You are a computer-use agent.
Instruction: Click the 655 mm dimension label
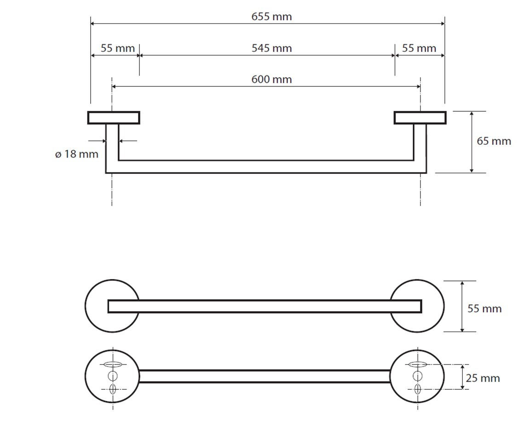coord(271,17)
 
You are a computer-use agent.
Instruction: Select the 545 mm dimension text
coord(271,48)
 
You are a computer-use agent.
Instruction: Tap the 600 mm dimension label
coord(271,79)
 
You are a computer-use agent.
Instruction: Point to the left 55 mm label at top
coord(118,48)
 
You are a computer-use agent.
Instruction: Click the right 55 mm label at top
coord(419,48)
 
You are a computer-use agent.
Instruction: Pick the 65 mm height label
coord(494,141)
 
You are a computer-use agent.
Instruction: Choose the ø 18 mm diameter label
coord(77,154)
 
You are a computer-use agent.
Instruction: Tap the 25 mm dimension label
coord(483,378)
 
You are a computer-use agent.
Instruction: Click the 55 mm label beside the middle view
coord(484,308)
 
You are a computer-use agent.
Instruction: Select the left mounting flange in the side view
coord(114,118)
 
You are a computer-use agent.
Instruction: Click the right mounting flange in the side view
coord(420,118)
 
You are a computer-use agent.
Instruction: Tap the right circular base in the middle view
coord(432,306)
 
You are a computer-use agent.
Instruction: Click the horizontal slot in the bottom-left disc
coord(113,365)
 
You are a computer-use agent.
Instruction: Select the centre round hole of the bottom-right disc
coord(417,377)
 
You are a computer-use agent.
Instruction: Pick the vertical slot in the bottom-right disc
coord(417,389)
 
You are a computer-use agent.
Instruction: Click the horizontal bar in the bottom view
coord(265,377)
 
